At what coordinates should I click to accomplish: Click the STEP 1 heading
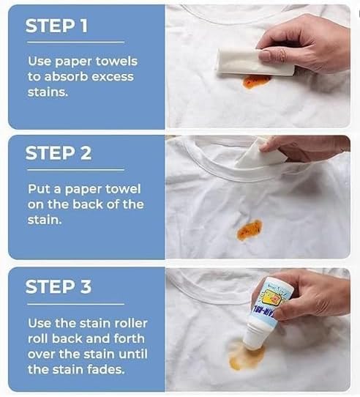[x=56, y=26]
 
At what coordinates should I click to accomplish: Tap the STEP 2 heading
[x=58, y=153]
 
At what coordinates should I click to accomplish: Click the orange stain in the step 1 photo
[x=256, y=81]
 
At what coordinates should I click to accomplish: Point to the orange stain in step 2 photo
[x=249, y=230]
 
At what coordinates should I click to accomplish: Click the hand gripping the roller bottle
[x=311, y=293]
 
